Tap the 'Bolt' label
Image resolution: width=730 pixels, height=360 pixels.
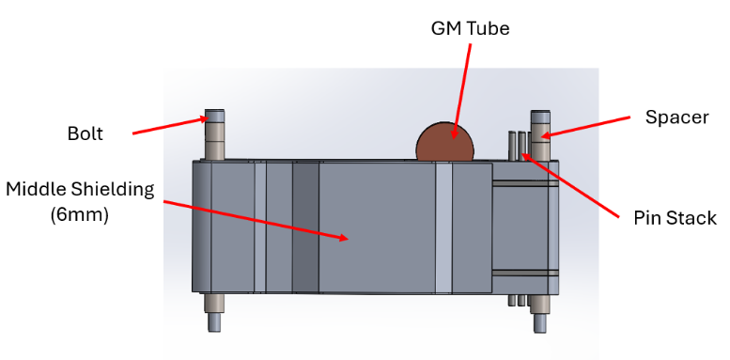(85, 133)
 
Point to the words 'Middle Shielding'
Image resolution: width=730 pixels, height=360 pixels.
(79, 189)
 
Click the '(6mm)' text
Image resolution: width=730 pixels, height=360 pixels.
(79, 214)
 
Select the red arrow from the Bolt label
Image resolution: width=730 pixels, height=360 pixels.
(169, 126)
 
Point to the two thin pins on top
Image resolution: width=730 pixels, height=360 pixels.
(517, 145)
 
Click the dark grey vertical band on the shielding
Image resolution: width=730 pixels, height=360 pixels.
(305, 226)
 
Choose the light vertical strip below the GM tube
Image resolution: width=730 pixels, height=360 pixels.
(444, 226)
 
